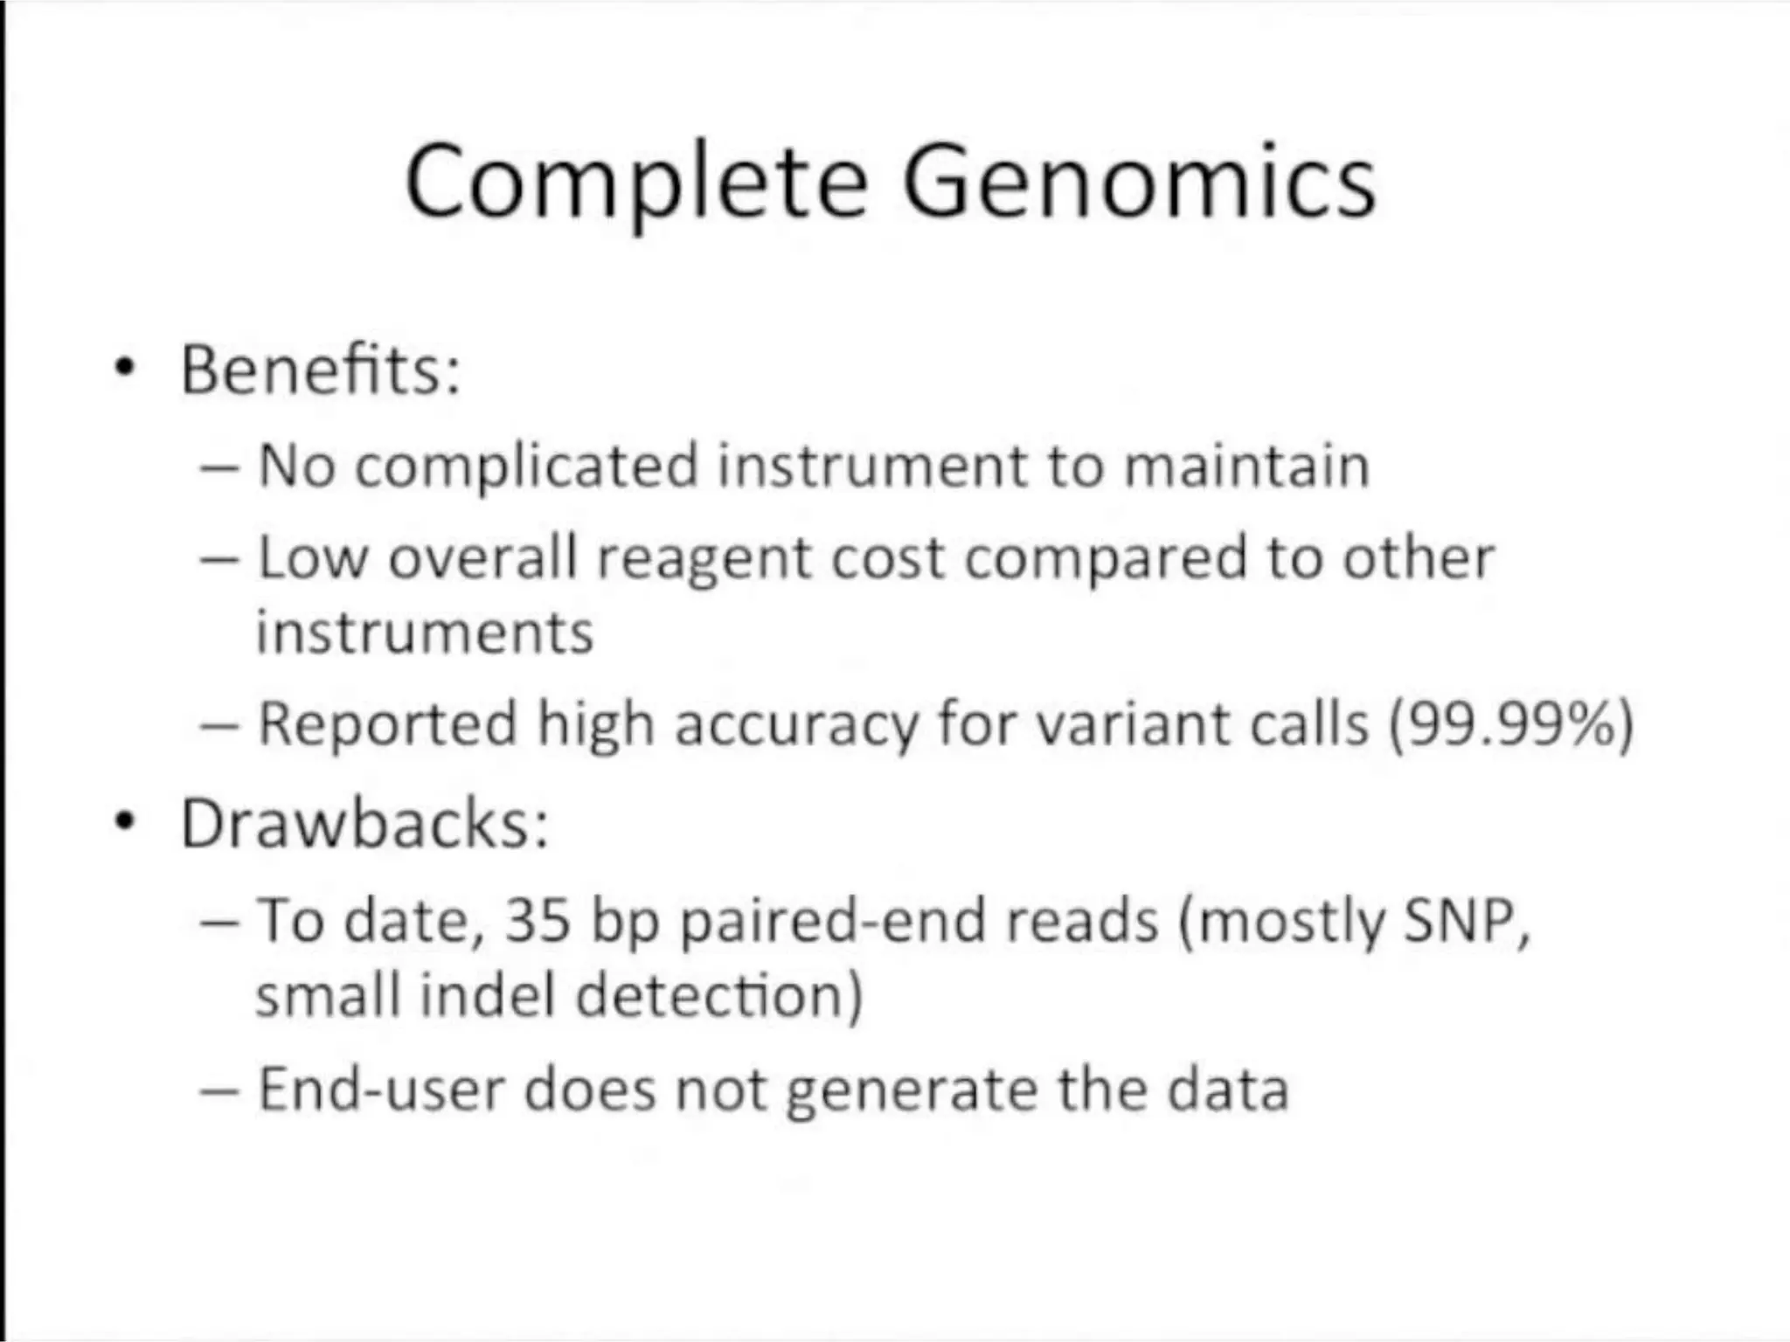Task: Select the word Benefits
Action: (320, 370)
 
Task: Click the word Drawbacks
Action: (364, 824)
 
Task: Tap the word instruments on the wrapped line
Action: (425, 633)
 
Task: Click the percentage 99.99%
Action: (1511, 724)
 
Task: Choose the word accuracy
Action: (796, 726)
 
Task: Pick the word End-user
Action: (380, 1090)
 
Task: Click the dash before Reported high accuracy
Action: (219, 724)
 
